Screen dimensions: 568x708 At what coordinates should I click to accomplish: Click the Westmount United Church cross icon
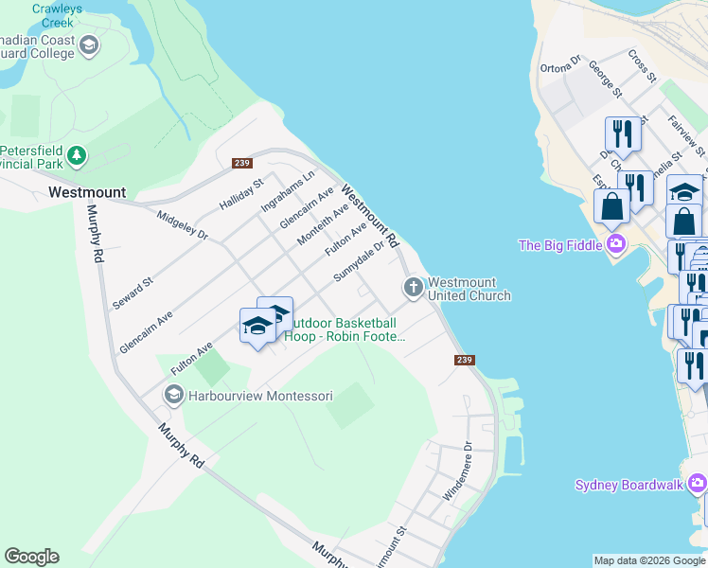tap(413, 287)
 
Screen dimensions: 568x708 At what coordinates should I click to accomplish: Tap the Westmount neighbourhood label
tap(86, 192)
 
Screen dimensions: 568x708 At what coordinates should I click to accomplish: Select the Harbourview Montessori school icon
tap(173, 394)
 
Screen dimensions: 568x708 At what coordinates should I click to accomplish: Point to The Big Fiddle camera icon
tap(617, 245)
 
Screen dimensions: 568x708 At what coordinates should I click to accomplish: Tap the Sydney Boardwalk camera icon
tap(698, 485)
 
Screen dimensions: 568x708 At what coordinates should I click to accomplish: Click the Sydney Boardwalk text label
tap(628, 485)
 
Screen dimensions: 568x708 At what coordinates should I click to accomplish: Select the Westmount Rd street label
tap(370, 211)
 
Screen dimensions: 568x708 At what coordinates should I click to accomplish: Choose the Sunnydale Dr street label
tap(360, 262)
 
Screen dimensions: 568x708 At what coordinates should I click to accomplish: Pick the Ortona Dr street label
tap(559, 66)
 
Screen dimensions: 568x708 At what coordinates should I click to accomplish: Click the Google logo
tap(31, 557)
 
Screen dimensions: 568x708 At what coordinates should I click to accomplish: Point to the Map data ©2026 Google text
tap(649, 560)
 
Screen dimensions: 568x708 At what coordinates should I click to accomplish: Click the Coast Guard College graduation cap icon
tap(89, 44)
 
